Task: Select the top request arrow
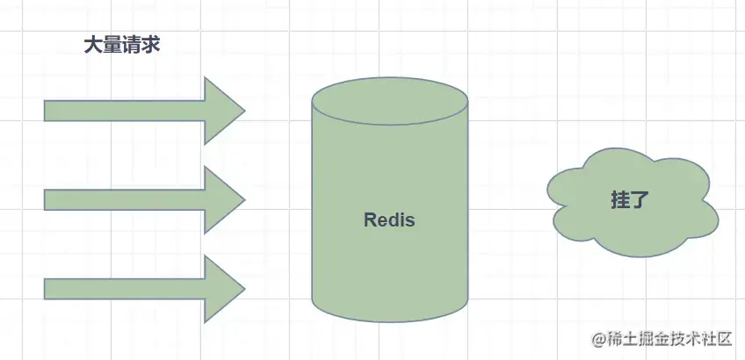[x=132, y=111]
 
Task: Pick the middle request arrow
[x=132, y=199]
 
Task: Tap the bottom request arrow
[x=132, y=288]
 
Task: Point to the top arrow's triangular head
[x=223, y=111]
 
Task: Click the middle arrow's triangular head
[x=223, y=199]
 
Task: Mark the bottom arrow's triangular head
[x=223, y=288]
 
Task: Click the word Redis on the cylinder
[x=389, y=220]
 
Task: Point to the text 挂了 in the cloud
[x=629, y=199]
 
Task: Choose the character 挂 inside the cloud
[x=619, y=199]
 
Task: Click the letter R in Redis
[x=370, y=220]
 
